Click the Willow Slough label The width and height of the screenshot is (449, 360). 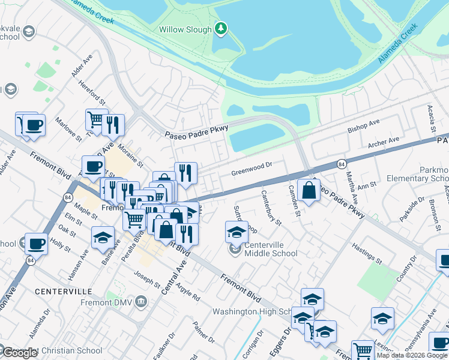pos(185,29)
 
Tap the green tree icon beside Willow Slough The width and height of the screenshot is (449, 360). pos(221,28)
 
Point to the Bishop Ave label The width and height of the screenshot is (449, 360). pos(364,127)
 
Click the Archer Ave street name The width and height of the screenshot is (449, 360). pos(384,142)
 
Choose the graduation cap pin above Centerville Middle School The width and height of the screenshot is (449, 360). pos(237,231)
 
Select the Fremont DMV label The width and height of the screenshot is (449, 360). pos(111,301)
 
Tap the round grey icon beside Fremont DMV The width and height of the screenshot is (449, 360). pos(141,301)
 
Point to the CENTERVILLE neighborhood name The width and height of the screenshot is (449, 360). pos(62,291)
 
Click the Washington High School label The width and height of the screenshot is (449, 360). pos(252,312)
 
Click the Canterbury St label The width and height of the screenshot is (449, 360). pos(271,208)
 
